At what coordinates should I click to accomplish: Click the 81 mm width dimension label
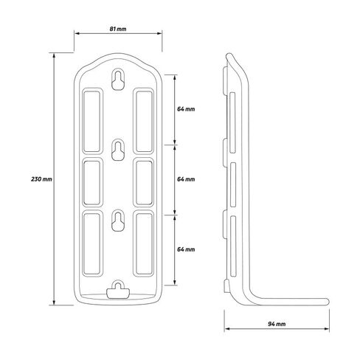tap(118, 29)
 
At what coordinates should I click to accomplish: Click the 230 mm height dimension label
tap(41, 179)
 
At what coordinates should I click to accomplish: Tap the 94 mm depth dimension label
tap(277, 324)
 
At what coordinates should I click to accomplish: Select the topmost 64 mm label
tap(186, 108)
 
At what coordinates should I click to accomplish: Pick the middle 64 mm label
tap(186, 179)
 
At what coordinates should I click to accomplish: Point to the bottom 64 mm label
tap(186, 249)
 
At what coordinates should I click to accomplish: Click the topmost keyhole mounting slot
tap(118, 80)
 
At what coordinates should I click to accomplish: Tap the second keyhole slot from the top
tap(118, 150)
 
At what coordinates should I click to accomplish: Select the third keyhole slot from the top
tap(118, 221)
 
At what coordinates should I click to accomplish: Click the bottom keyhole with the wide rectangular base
tap(118, 290)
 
